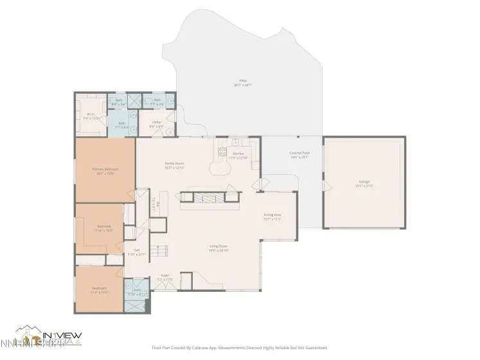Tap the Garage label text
click(364, 183)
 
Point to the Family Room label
click(175, 164)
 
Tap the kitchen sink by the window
click(236, 141)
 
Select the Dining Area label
click(272, 215)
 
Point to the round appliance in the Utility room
click(168, 132)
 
